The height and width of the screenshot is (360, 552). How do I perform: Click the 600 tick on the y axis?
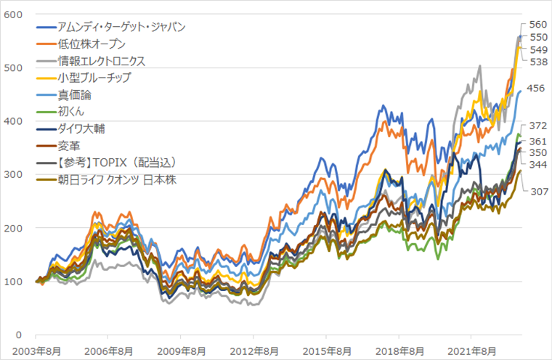click(14, 15)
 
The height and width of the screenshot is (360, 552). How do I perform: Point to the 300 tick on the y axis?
click(14, 174)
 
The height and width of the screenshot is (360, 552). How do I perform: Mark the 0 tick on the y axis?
click(21, 335)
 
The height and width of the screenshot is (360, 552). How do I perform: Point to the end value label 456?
click(537, 89)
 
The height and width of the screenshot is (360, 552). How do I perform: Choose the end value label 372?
click(538, 126)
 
